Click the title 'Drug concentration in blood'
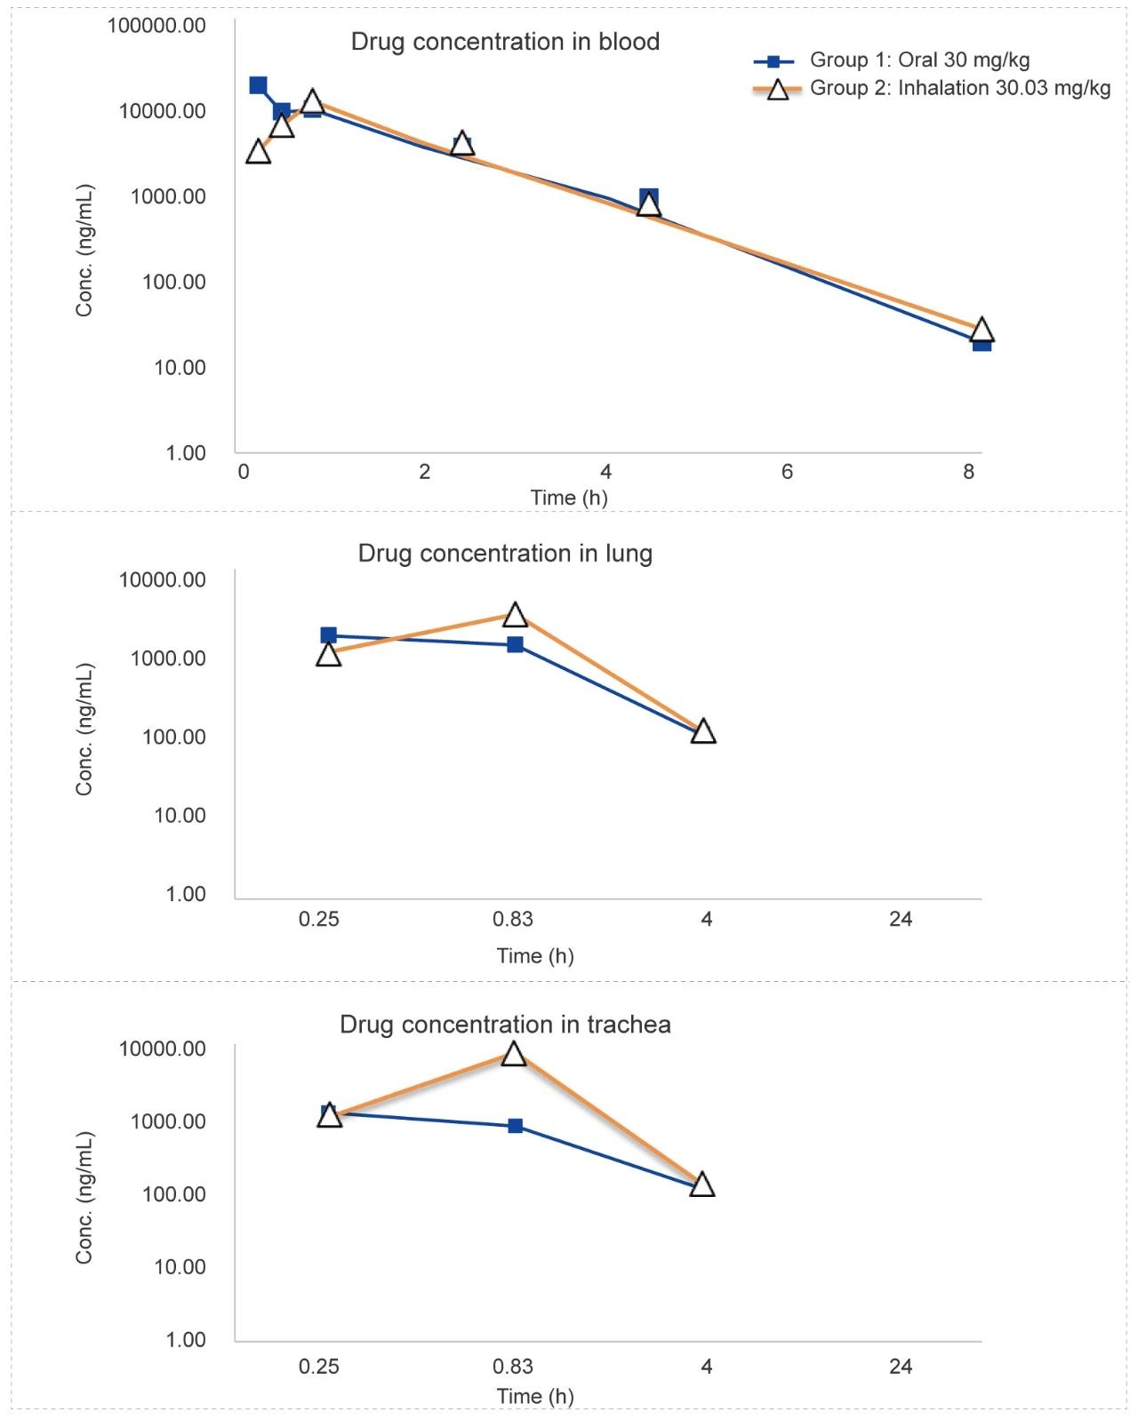coord(505,42)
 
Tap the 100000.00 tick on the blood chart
coord(156,25)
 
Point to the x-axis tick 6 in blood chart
coord(787,472)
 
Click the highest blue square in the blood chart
coord(258,85)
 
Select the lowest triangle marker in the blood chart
coord(981,331)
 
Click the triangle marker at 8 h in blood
coord(981,331)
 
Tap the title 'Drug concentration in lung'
coord(505,554)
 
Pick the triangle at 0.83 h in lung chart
coord(515,614)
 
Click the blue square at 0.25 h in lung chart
coord(329,635)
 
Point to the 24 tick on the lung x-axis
coord(901,919)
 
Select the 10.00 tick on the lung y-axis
coord(180,815)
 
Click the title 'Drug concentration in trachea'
coord(505,1025)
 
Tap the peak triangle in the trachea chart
coord(514,1054)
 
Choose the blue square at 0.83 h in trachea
coord(516,1126)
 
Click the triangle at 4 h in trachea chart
coord(702,1185)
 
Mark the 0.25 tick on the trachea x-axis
coord(318,1366)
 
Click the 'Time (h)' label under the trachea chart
coord(535,1396)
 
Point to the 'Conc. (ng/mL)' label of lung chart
coord(84,730)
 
